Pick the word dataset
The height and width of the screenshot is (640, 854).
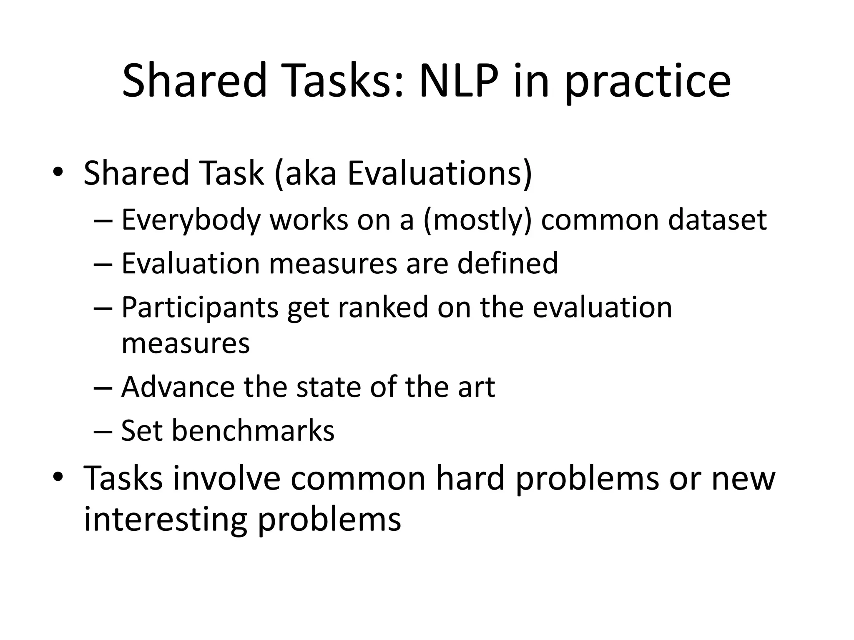point(717,220)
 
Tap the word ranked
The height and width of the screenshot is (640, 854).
point(383,307)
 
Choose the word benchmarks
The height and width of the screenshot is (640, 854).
point(253,430)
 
